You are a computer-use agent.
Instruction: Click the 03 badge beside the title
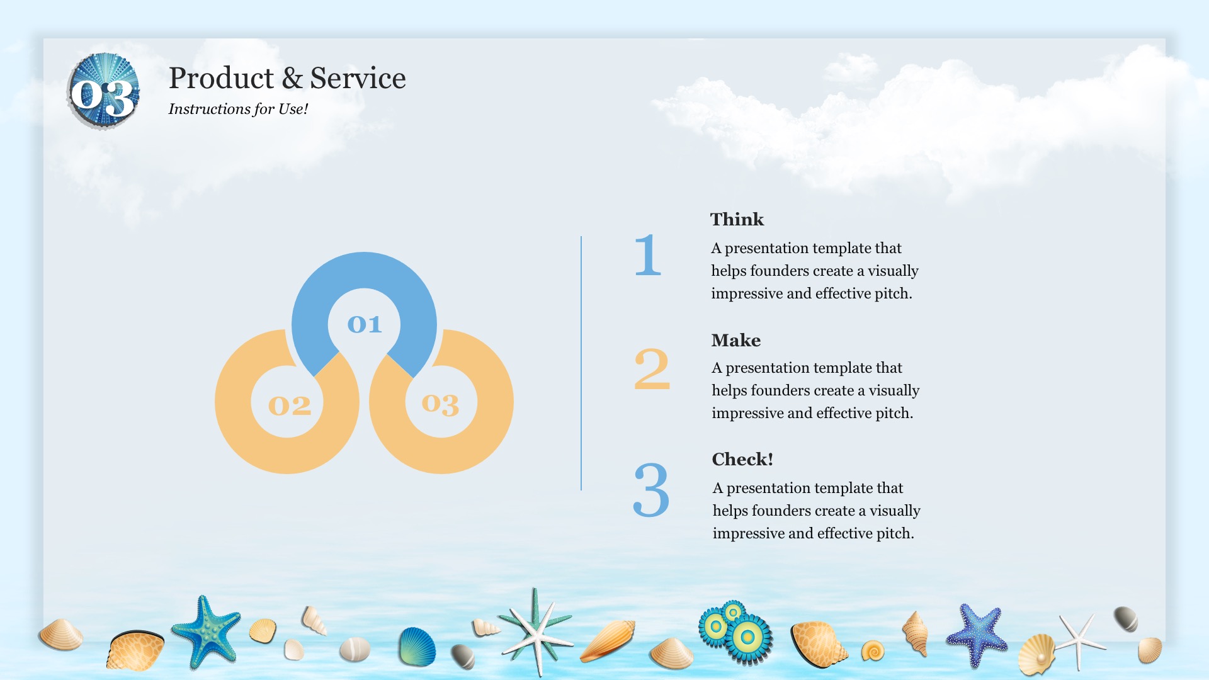103,92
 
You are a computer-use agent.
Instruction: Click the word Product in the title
221,79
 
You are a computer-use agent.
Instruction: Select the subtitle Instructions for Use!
238,109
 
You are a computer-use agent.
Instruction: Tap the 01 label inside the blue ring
365,324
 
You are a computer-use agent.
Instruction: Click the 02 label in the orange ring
290,405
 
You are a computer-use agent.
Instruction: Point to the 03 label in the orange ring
440,404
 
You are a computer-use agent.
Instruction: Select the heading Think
737,219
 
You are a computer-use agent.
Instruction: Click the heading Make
736,340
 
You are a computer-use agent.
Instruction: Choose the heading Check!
742,459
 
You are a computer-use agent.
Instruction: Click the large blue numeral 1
648,255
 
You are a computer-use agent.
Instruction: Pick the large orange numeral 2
652,369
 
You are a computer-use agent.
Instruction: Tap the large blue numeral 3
651,490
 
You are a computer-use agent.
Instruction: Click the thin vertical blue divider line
581,363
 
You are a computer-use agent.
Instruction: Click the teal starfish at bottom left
205,632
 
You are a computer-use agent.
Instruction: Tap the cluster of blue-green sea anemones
735,632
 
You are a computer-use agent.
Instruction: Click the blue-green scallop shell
417,647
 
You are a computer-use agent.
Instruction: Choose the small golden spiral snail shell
873,650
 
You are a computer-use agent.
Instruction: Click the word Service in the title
358,79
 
